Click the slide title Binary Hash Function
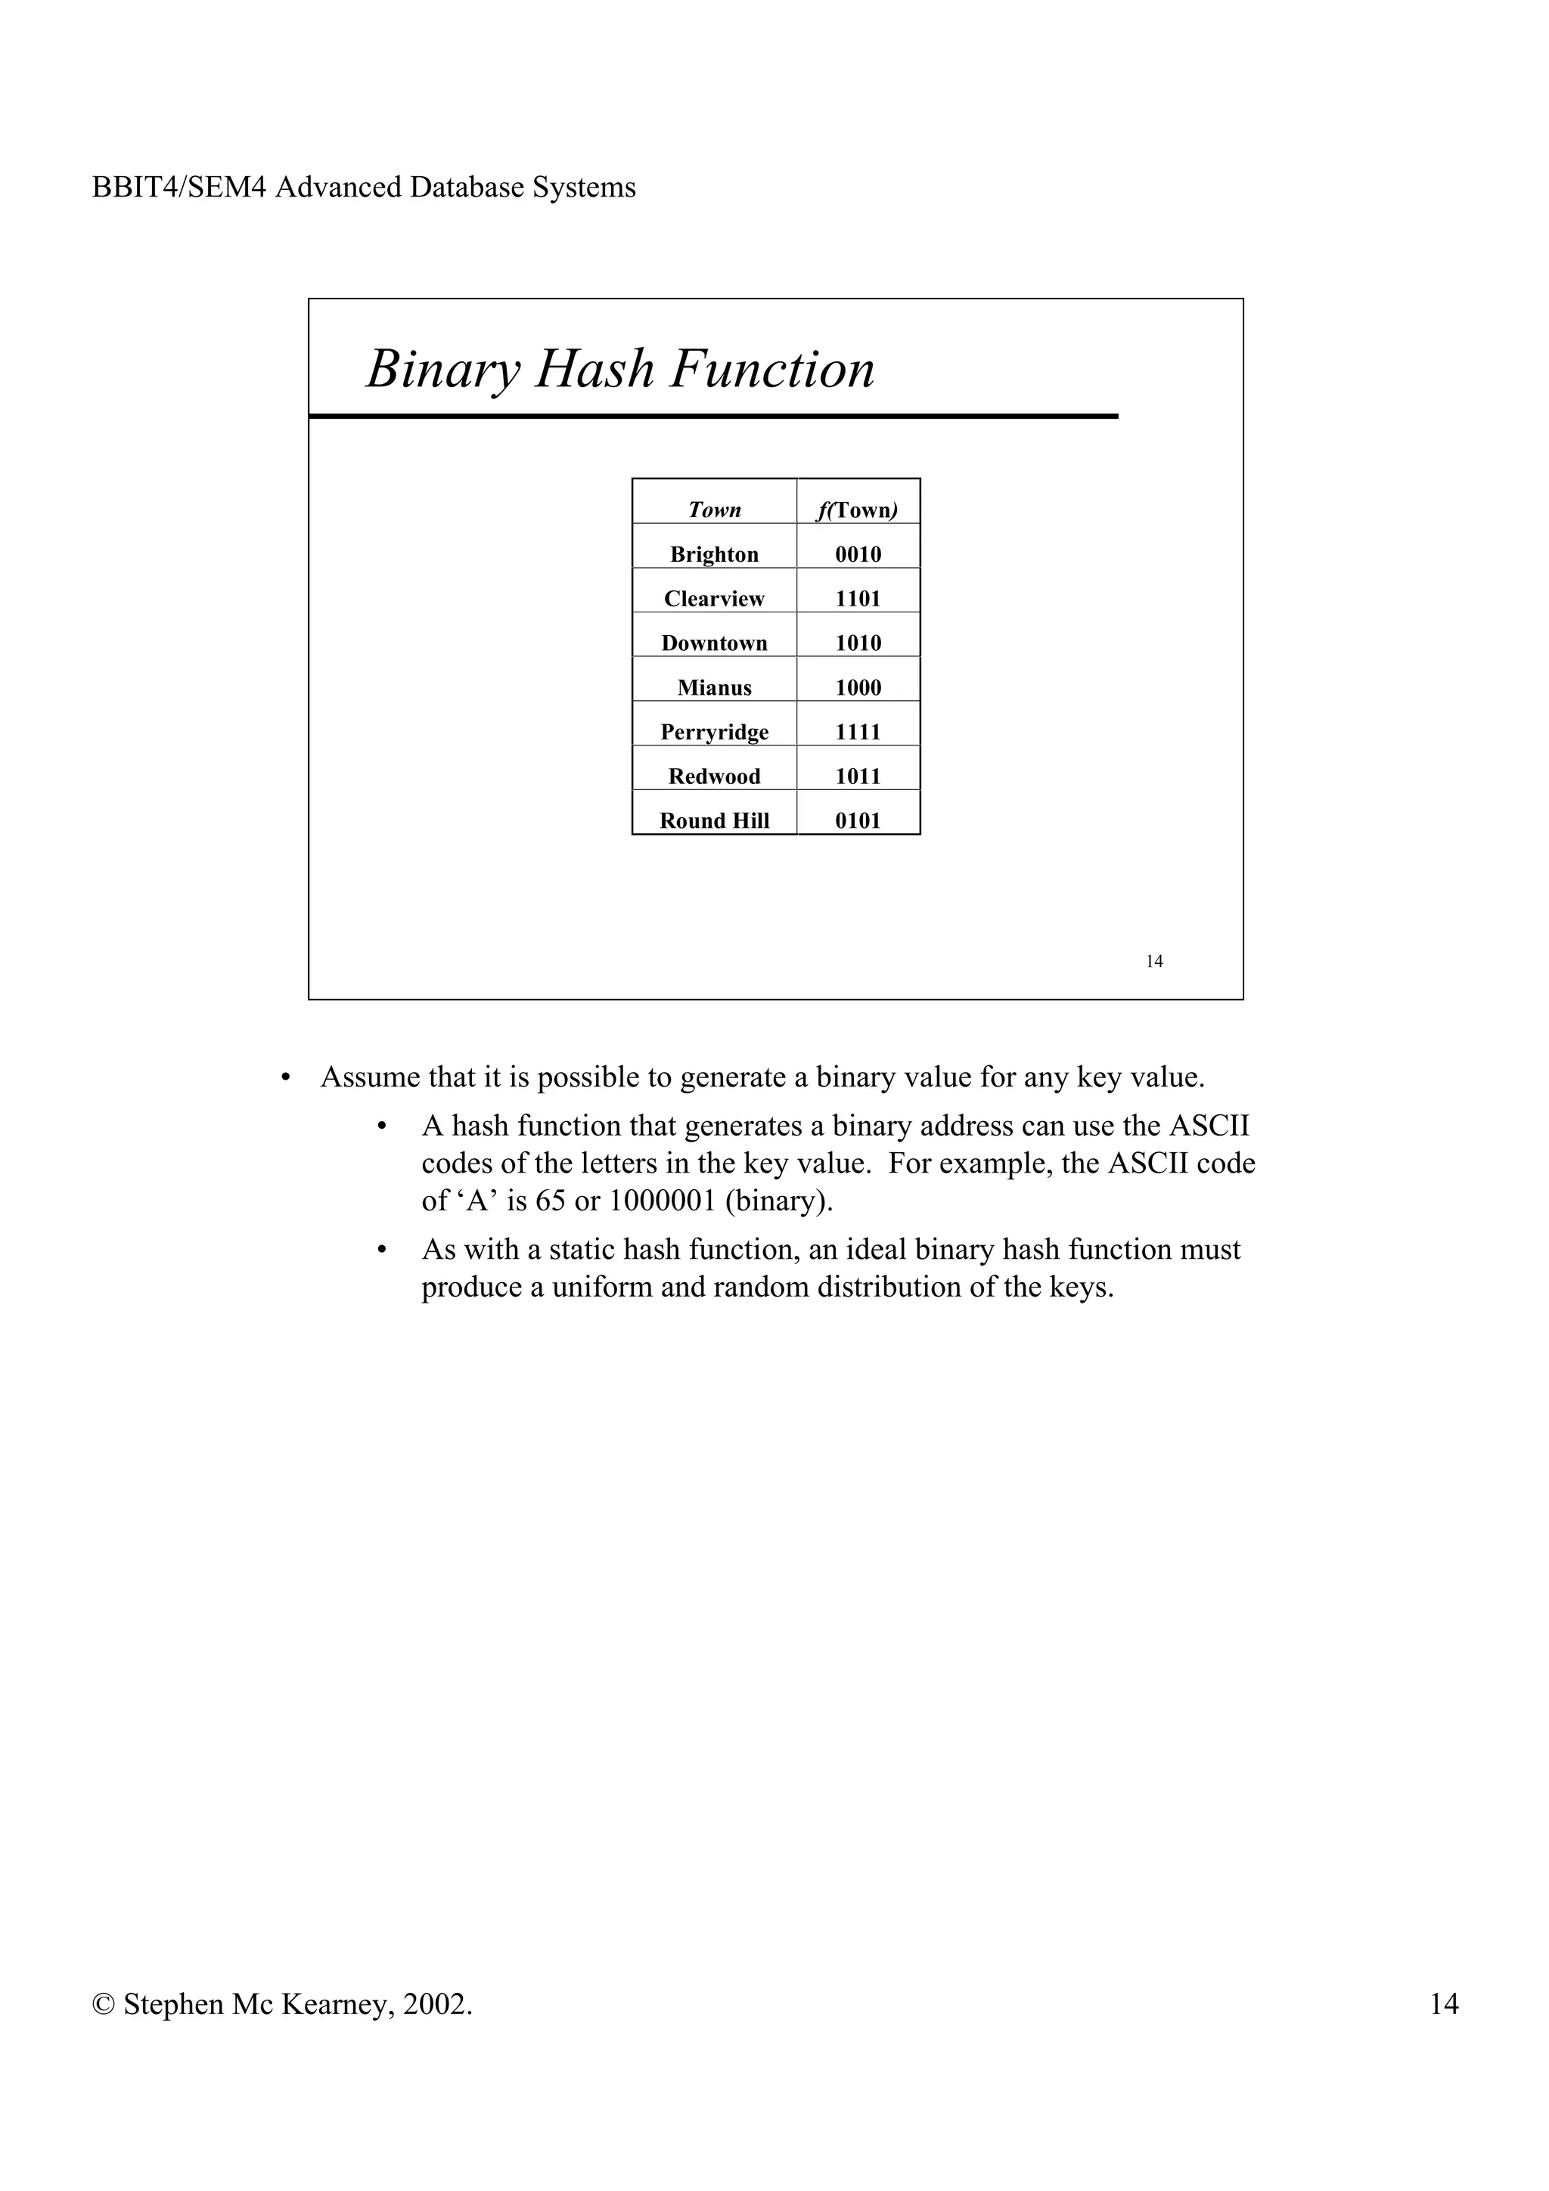[620, 369]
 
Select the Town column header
[714, 510]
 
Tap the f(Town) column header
[857, 510]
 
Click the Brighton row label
[714, 554]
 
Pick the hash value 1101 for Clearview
[857, 598]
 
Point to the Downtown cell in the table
[714, 643]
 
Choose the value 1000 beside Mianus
[857, 687]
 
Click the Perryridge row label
[714, 732]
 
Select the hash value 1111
[857, 732]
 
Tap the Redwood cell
[714, 776]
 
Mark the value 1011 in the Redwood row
[857, 776]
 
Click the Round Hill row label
[714, 820]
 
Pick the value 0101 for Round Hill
[857, 820]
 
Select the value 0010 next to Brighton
[857, 554]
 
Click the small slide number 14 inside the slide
[1154, 961]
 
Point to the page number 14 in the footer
[1443, 2004]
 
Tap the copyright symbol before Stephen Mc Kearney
[103, 2005]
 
